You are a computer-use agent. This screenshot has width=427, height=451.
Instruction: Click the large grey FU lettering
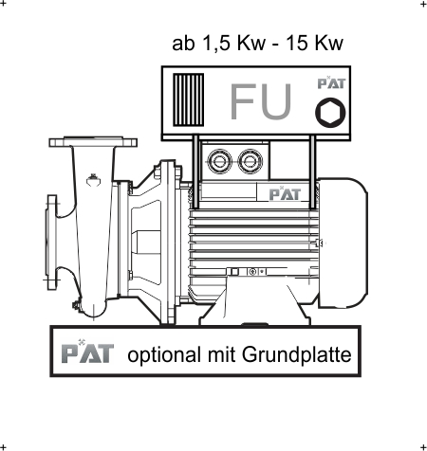261,101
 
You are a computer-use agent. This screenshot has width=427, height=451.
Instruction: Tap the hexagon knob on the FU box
330,113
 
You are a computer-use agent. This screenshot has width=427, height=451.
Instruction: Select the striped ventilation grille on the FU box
189,99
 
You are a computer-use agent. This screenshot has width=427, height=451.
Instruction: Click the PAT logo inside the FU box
331,82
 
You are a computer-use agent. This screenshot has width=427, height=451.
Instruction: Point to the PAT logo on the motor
285,193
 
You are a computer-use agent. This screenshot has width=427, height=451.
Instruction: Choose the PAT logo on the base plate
87,352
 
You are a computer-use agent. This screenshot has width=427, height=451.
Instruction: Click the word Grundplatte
297,355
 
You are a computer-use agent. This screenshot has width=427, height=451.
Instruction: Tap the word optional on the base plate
164,355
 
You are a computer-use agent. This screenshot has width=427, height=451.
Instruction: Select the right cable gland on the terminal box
251,161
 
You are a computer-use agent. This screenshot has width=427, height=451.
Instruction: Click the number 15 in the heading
297,43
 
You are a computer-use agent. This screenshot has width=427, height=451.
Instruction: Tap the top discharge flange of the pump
93,142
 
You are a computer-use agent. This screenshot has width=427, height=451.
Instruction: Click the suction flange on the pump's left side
52,243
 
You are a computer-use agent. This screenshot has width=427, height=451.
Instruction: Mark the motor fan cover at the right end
343,243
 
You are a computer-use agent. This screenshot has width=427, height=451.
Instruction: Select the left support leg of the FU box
195,172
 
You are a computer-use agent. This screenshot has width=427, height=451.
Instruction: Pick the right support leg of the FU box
312,172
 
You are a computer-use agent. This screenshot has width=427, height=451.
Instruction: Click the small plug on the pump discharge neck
93,180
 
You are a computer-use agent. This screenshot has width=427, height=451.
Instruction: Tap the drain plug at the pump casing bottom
76,305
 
